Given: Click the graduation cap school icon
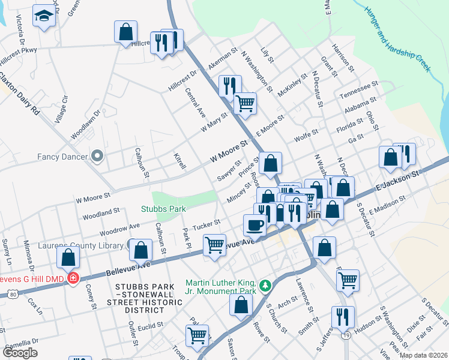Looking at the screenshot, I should [x=44, y=17].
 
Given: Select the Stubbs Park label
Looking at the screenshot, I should [x=163, y=209].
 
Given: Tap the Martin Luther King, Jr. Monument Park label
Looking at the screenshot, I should [x=221, y=287].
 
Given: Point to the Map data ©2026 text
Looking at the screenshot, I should [x=423, y=355].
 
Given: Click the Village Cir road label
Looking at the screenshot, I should [x=61, y=110].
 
